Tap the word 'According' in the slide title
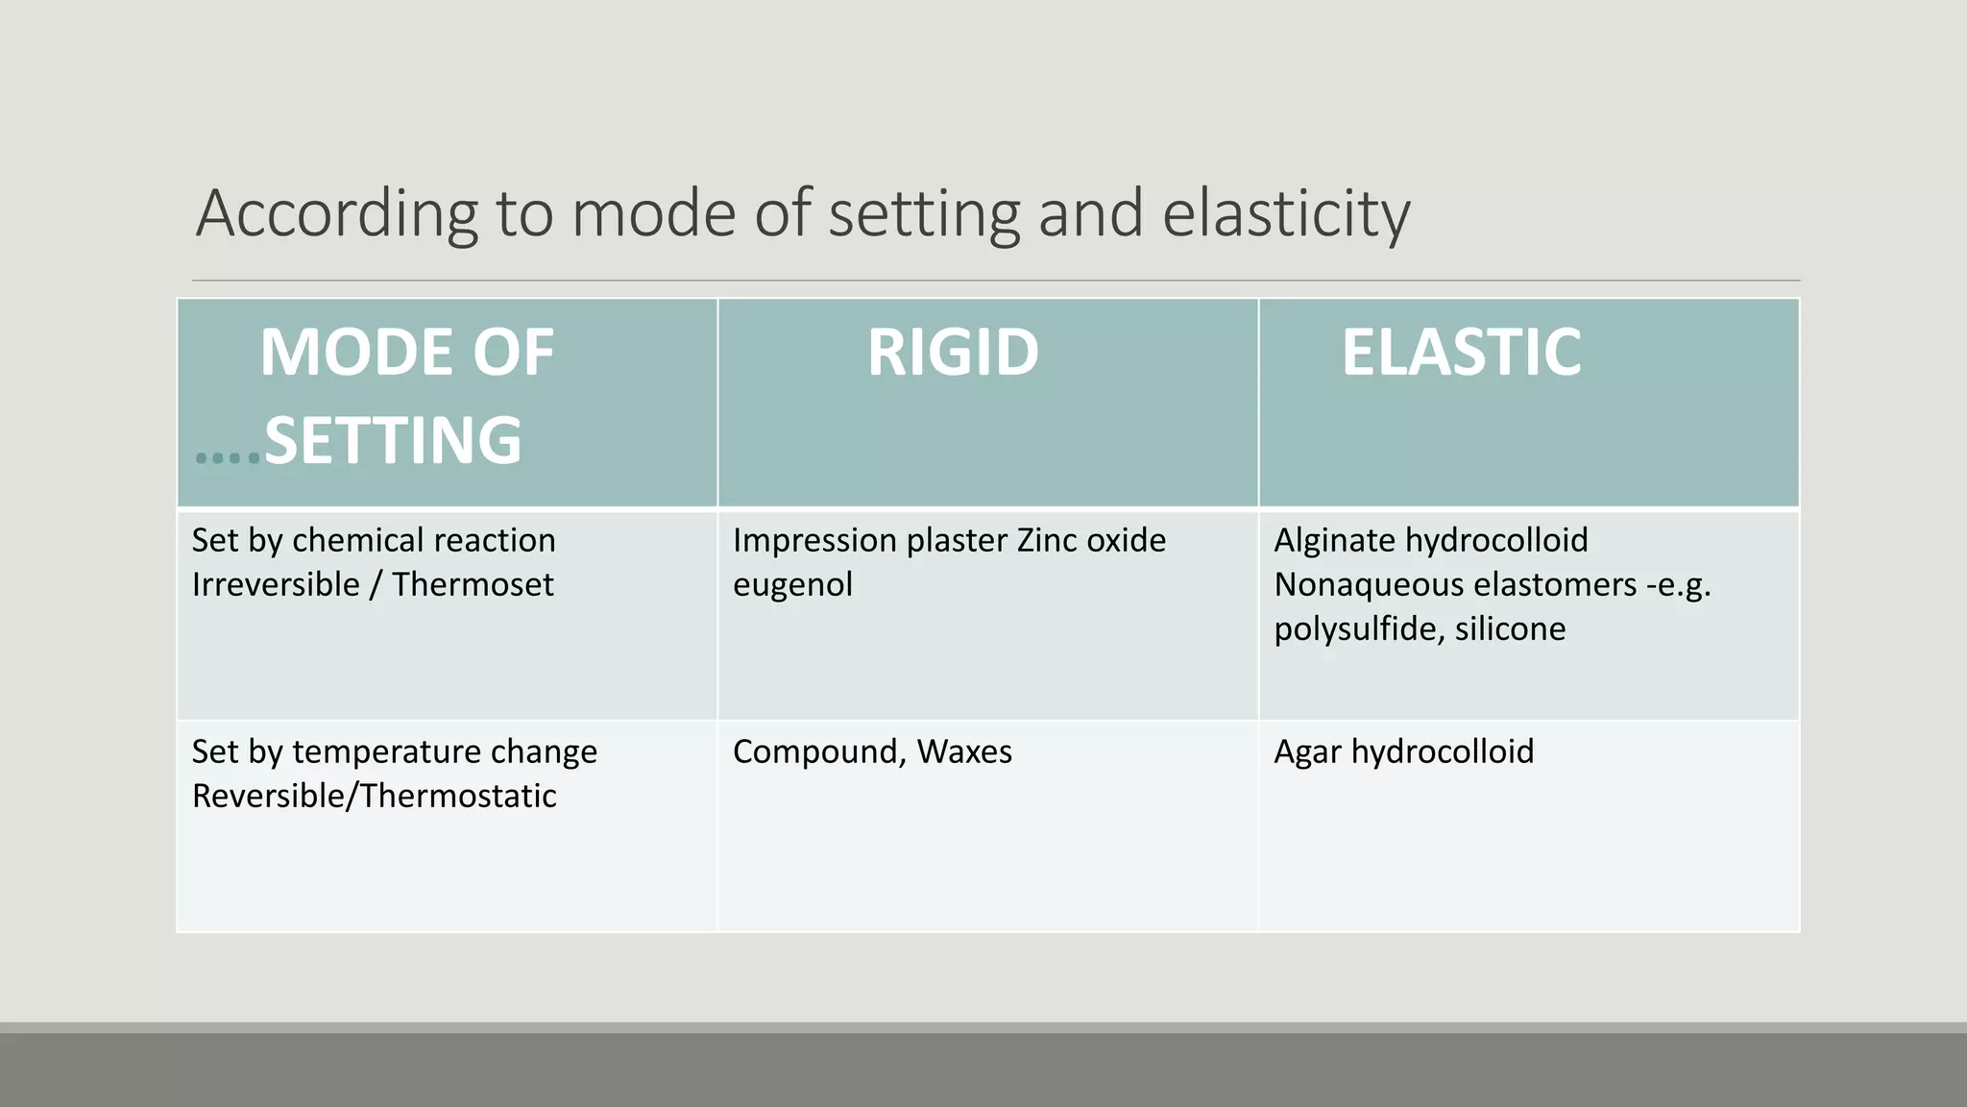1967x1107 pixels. pos(336,213)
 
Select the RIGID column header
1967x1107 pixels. pos(953,352)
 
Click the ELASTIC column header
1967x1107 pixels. pos(1460,352)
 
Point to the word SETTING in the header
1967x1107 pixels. pos(393,440)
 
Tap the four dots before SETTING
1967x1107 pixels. pos(228,457)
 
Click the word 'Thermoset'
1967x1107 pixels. pos(473,584)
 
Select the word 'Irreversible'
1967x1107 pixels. pos(276,584)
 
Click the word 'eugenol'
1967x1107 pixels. pos(792,584)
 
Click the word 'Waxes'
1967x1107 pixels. pos(964,751)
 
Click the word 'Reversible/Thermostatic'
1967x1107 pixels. pos(374,796)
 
